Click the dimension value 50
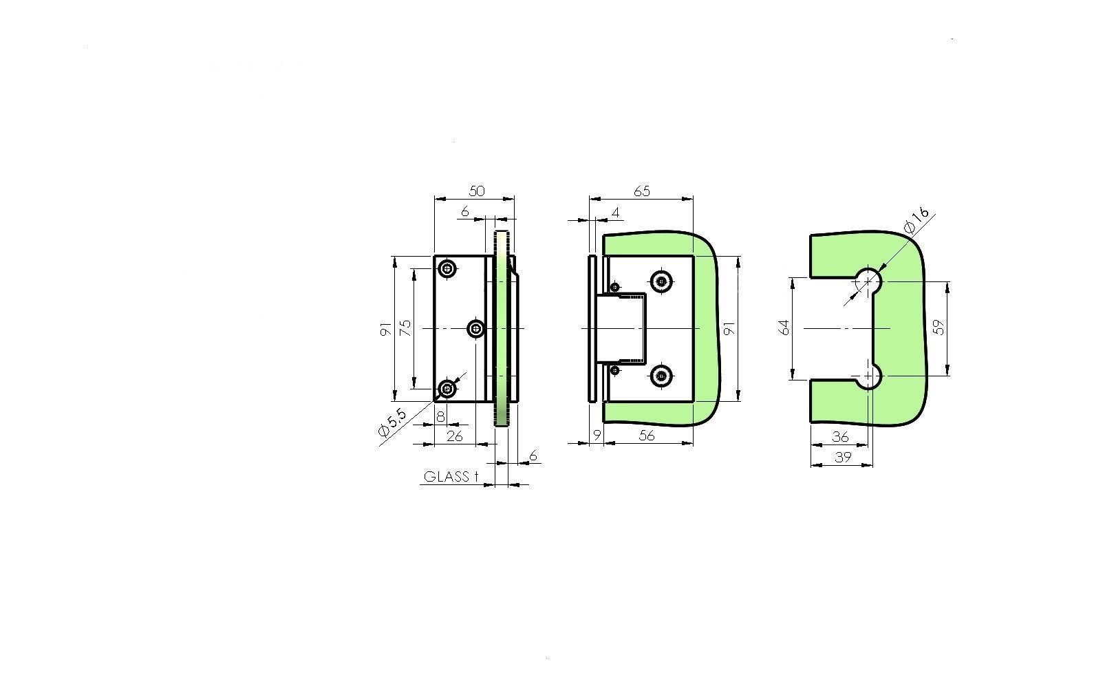(476, 191)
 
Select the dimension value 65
(641, 191)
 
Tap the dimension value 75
(405, 328)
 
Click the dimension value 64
(784, 328)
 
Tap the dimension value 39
(843, 457)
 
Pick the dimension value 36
(840, 436)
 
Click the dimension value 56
(647, 436)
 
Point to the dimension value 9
(597, 436)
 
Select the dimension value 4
(615, 213)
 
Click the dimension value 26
(455, 436)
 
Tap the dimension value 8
(440, 416)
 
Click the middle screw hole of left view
(475, 329)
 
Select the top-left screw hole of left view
(448, 268)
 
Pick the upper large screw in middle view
(662, 280)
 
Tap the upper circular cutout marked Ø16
(869, 280)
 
